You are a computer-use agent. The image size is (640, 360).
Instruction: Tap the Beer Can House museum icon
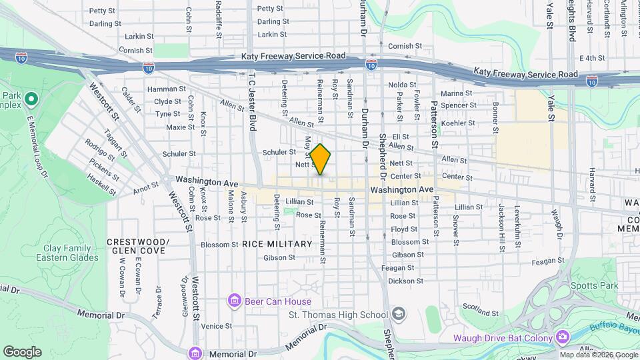[x=234, y=301]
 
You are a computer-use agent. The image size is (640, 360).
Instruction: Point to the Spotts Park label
[x=594, y=286]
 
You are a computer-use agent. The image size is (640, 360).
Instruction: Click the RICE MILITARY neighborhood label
[x=277, y=244]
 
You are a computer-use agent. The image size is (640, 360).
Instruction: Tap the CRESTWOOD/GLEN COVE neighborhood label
[x=138, y=245]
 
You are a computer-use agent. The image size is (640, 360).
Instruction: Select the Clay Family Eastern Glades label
[x=71, y=253]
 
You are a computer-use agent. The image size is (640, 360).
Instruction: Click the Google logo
[x=22, y=352]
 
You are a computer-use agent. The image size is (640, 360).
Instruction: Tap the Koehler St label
[x=458, y=123]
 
